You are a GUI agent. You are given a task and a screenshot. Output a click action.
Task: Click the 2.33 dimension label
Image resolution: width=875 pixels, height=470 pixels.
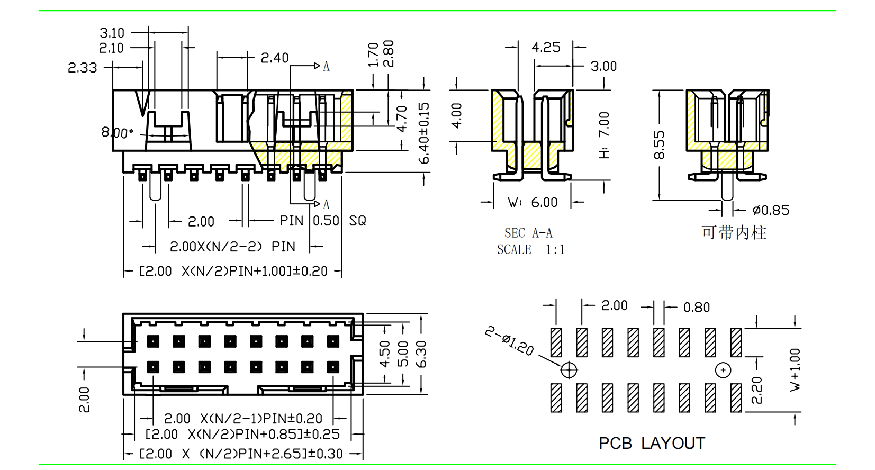(83, 68)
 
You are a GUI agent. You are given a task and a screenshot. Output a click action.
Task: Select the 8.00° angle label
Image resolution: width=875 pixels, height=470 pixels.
(117, 132)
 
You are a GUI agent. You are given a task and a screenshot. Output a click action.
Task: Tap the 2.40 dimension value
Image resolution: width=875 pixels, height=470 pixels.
(274, 58)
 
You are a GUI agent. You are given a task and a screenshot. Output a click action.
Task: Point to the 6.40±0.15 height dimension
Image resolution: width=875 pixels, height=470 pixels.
(423, 133)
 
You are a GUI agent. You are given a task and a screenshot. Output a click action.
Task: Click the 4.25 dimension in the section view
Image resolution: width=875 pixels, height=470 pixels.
(546, 48)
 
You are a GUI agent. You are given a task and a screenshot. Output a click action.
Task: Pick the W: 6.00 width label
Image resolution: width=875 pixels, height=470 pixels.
(533, 203)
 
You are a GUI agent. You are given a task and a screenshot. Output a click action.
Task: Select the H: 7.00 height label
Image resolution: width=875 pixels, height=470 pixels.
(604, 135)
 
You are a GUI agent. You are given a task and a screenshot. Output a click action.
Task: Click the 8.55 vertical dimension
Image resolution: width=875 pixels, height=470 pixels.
(659, 145)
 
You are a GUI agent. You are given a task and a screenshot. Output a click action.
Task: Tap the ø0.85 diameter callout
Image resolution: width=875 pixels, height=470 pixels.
(771, 211)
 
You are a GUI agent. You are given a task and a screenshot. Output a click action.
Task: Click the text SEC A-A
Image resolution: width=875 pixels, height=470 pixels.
(528, 233)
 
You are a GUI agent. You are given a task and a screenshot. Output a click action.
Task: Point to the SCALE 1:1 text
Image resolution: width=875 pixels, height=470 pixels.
(531, 250)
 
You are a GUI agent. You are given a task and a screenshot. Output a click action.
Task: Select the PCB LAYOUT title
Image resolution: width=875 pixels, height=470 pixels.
(652, 444)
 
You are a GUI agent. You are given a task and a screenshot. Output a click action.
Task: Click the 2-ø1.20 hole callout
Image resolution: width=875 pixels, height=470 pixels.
(509, 341)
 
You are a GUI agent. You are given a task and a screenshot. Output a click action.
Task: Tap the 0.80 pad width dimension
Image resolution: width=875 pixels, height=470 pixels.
(697, 308)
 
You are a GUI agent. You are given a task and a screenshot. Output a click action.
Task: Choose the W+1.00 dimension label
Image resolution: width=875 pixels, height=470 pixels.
(795, 369)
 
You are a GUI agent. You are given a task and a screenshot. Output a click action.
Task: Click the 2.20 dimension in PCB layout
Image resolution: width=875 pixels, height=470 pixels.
(757, 390)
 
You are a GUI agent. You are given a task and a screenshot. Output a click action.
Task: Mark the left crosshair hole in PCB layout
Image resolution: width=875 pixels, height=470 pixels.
(569, 370)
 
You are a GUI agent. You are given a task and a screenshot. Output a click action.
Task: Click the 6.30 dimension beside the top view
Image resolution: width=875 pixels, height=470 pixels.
(421, 354)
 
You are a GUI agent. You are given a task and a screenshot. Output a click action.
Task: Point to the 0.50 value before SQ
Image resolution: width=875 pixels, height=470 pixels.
(326, 221)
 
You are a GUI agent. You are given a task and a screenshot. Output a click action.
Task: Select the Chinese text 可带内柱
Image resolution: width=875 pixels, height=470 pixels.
(734, 232)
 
